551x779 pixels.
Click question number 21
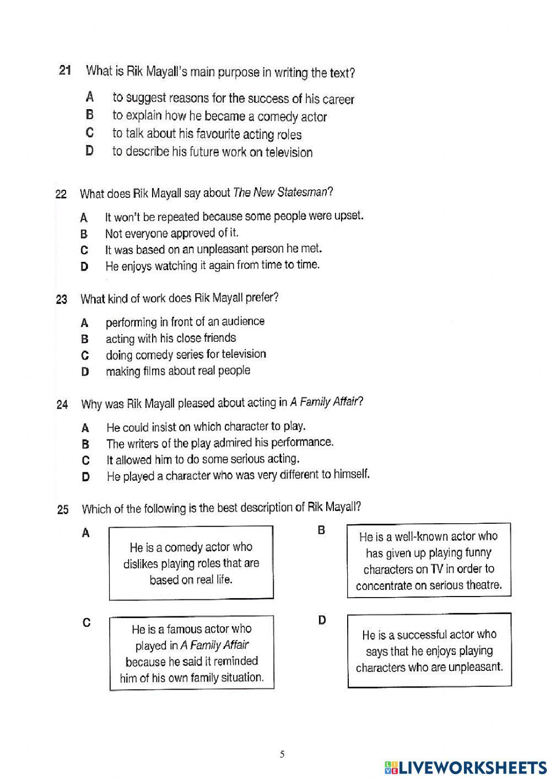65,71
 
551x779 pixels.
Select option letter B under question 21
90,115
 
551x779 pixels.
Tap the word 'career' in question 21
338,100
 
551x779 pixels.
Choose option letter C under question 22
84,250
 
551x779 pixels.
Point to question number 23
61,299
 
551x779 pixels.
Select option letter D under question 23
85,372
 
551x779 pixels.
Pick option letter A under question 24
85,428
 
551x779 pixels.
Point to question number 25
63,509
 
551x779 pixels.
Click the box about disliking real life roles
191,563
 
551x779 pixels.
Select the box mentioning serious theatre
429,561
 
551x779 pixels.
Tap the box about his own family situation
192,653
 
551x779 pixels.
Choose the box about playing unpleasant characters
429,651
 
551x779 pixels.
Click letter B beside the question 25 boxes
321,530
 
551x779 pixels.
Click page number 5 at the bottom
282,754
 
